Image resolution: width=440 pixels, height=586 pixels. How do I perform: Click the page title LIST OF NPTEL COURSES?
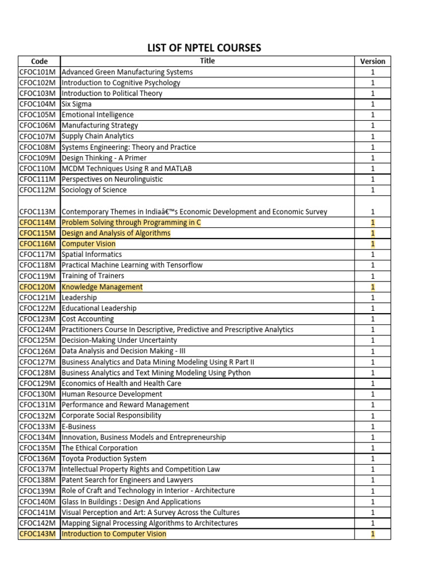pos(204,48)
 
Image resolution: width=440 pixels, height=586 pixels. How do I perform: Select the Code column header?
pos(39,61)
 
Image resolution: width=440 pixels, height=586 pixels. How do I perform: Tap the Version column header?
pos(372,61)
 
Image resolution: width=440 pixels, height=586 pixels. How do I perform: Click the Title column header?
pos(207,61)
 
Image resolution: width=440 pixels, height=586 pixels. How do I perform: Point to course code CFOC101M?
pos(38,72)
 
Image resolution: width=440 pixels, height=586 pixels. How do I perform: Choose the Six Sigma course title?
pos(76,104)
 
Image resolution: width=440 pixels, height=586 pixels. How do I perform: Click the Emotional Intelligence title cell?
pos(97,115)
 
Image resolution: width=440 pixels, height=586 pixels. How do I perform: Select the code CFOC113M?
pos(38,212)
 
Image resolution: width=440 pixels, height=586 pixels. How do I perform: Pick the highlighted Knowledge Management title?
pos(102,287)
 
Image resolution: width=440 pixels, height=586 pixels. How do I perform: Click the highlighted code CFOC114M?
pos(38,222)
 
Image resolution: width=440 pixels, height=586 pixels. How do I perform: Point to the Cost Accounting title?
pos(88,319)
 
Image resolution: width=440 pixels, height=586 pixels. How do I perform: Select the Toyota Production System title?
pos(104,458)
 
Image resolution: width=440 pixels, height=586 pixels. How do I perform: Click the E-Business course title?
pos(78,426)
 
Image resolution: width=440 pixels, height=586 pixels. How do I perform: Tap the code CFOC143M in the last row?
pos(38,534)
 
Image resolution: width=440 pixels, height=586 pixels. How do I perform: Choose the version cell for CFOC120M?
pos(372,287)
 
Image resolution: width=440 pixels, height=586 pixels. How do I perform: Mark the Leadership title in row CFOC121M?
pos(79,298)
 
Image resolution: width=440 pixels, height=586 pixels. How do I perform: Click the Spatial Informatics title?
pos(92,255)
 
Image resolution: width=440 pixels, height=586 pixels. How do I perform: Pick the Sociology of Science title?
pos(94,190)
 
